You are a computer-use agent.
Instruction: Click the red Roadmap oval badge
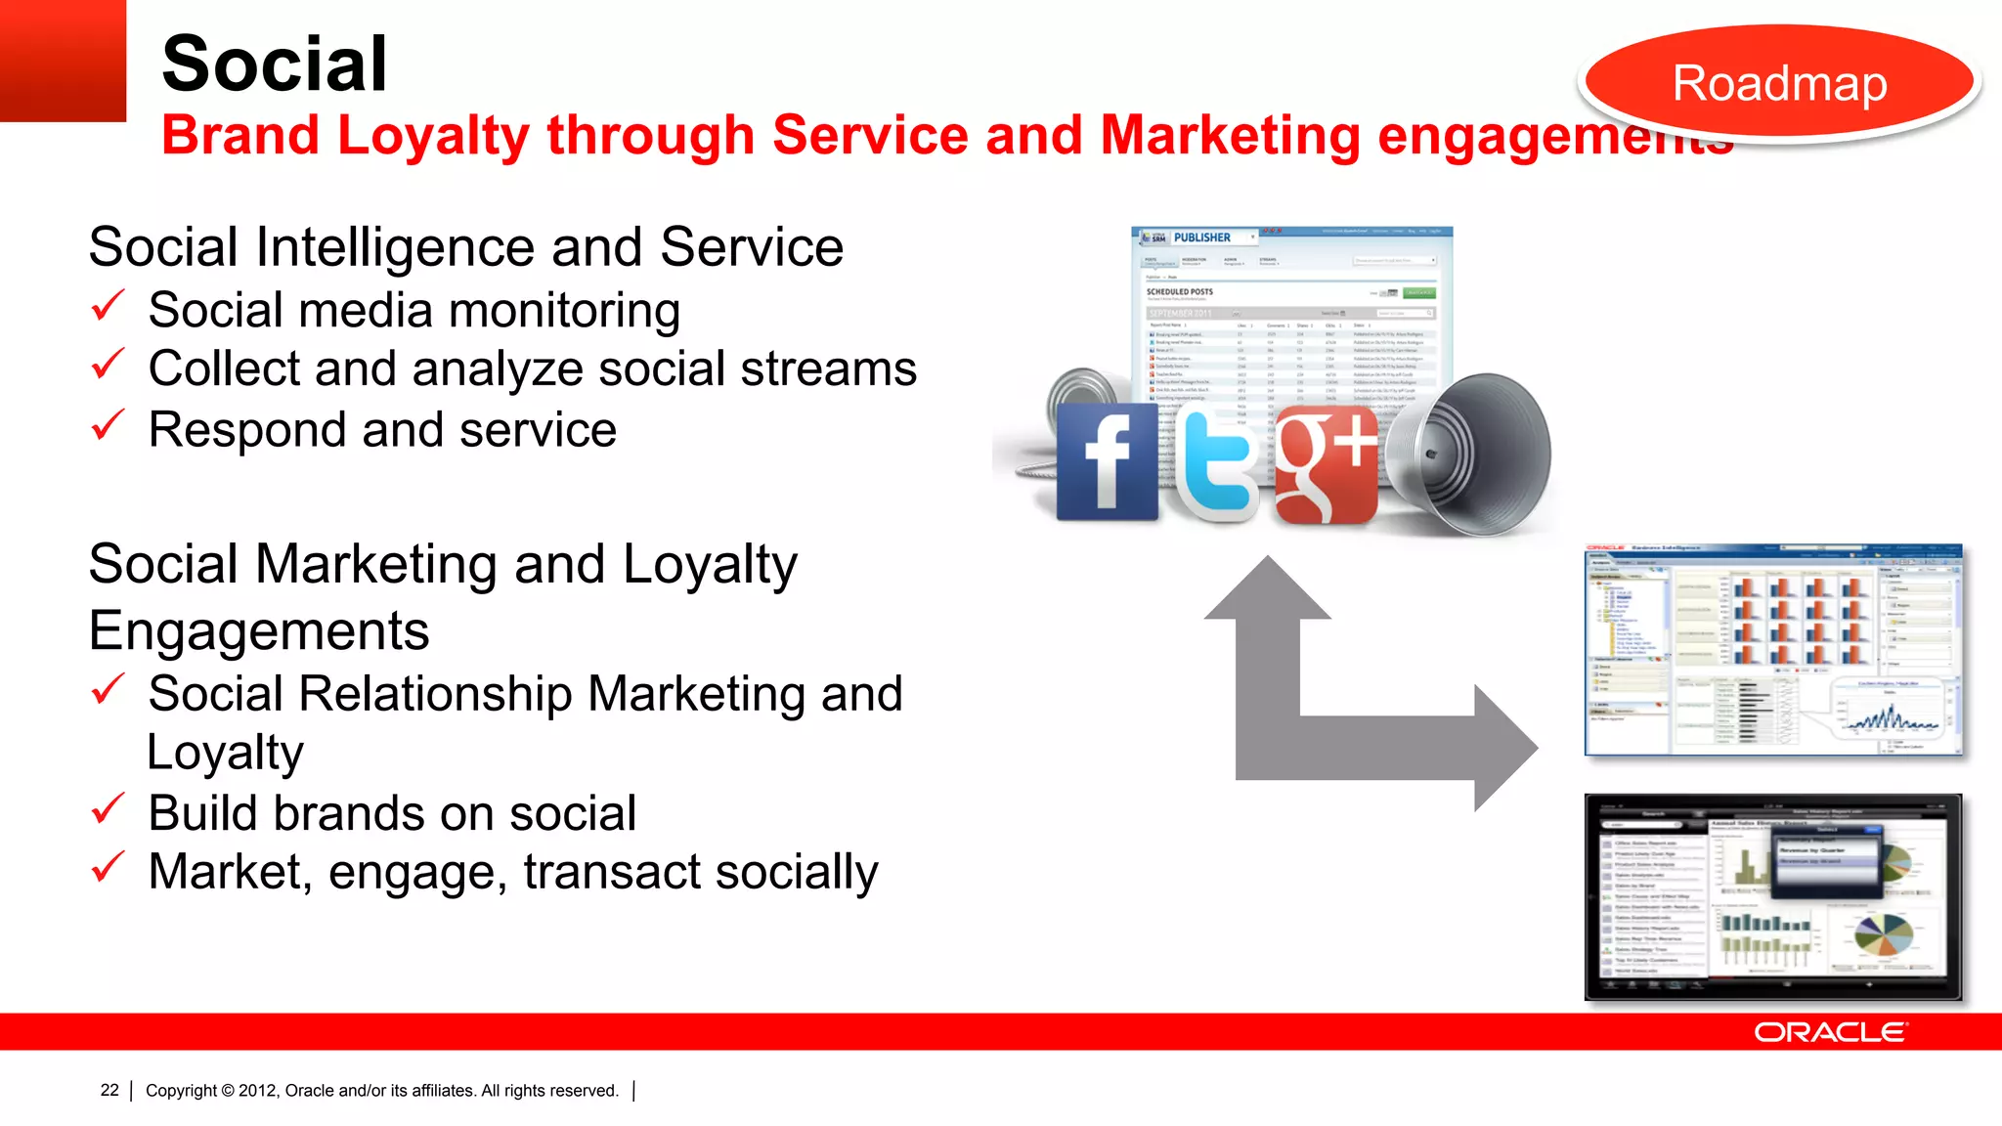(x=1779, y=84)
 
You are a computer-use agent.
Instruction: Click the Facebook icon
(x=1108, y=461)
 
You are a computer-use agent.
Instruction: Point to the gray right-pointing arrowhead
(x=1505, y=748)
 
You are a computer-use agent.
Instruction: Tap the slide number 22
(x=109, y=1090)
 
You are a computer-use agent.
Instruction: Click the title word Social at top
(x=275, y=65)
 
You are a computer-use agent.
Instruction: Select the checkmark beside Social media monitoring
(x=108, y=307)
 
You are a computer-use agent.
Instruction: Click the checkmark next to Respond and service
(x=108, y=426)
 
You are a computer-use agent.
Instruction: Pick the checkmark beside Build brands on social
(x=108, y=809)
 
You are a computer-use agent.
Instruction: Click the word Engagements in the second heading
(x=259, y=631)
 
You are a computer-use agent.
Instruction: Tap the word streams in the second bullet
(x=828, y=369)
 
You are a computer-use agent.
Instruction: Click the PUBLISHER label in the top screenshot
(x=1201, y=238)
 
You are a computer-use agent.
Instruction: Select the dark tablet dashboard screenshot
(x=1772, y=897)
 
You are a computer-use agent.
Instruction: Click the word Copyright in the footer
(x=182, y=1091)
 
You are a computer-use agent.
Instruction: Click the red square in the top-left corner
(x=63, y=61)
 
